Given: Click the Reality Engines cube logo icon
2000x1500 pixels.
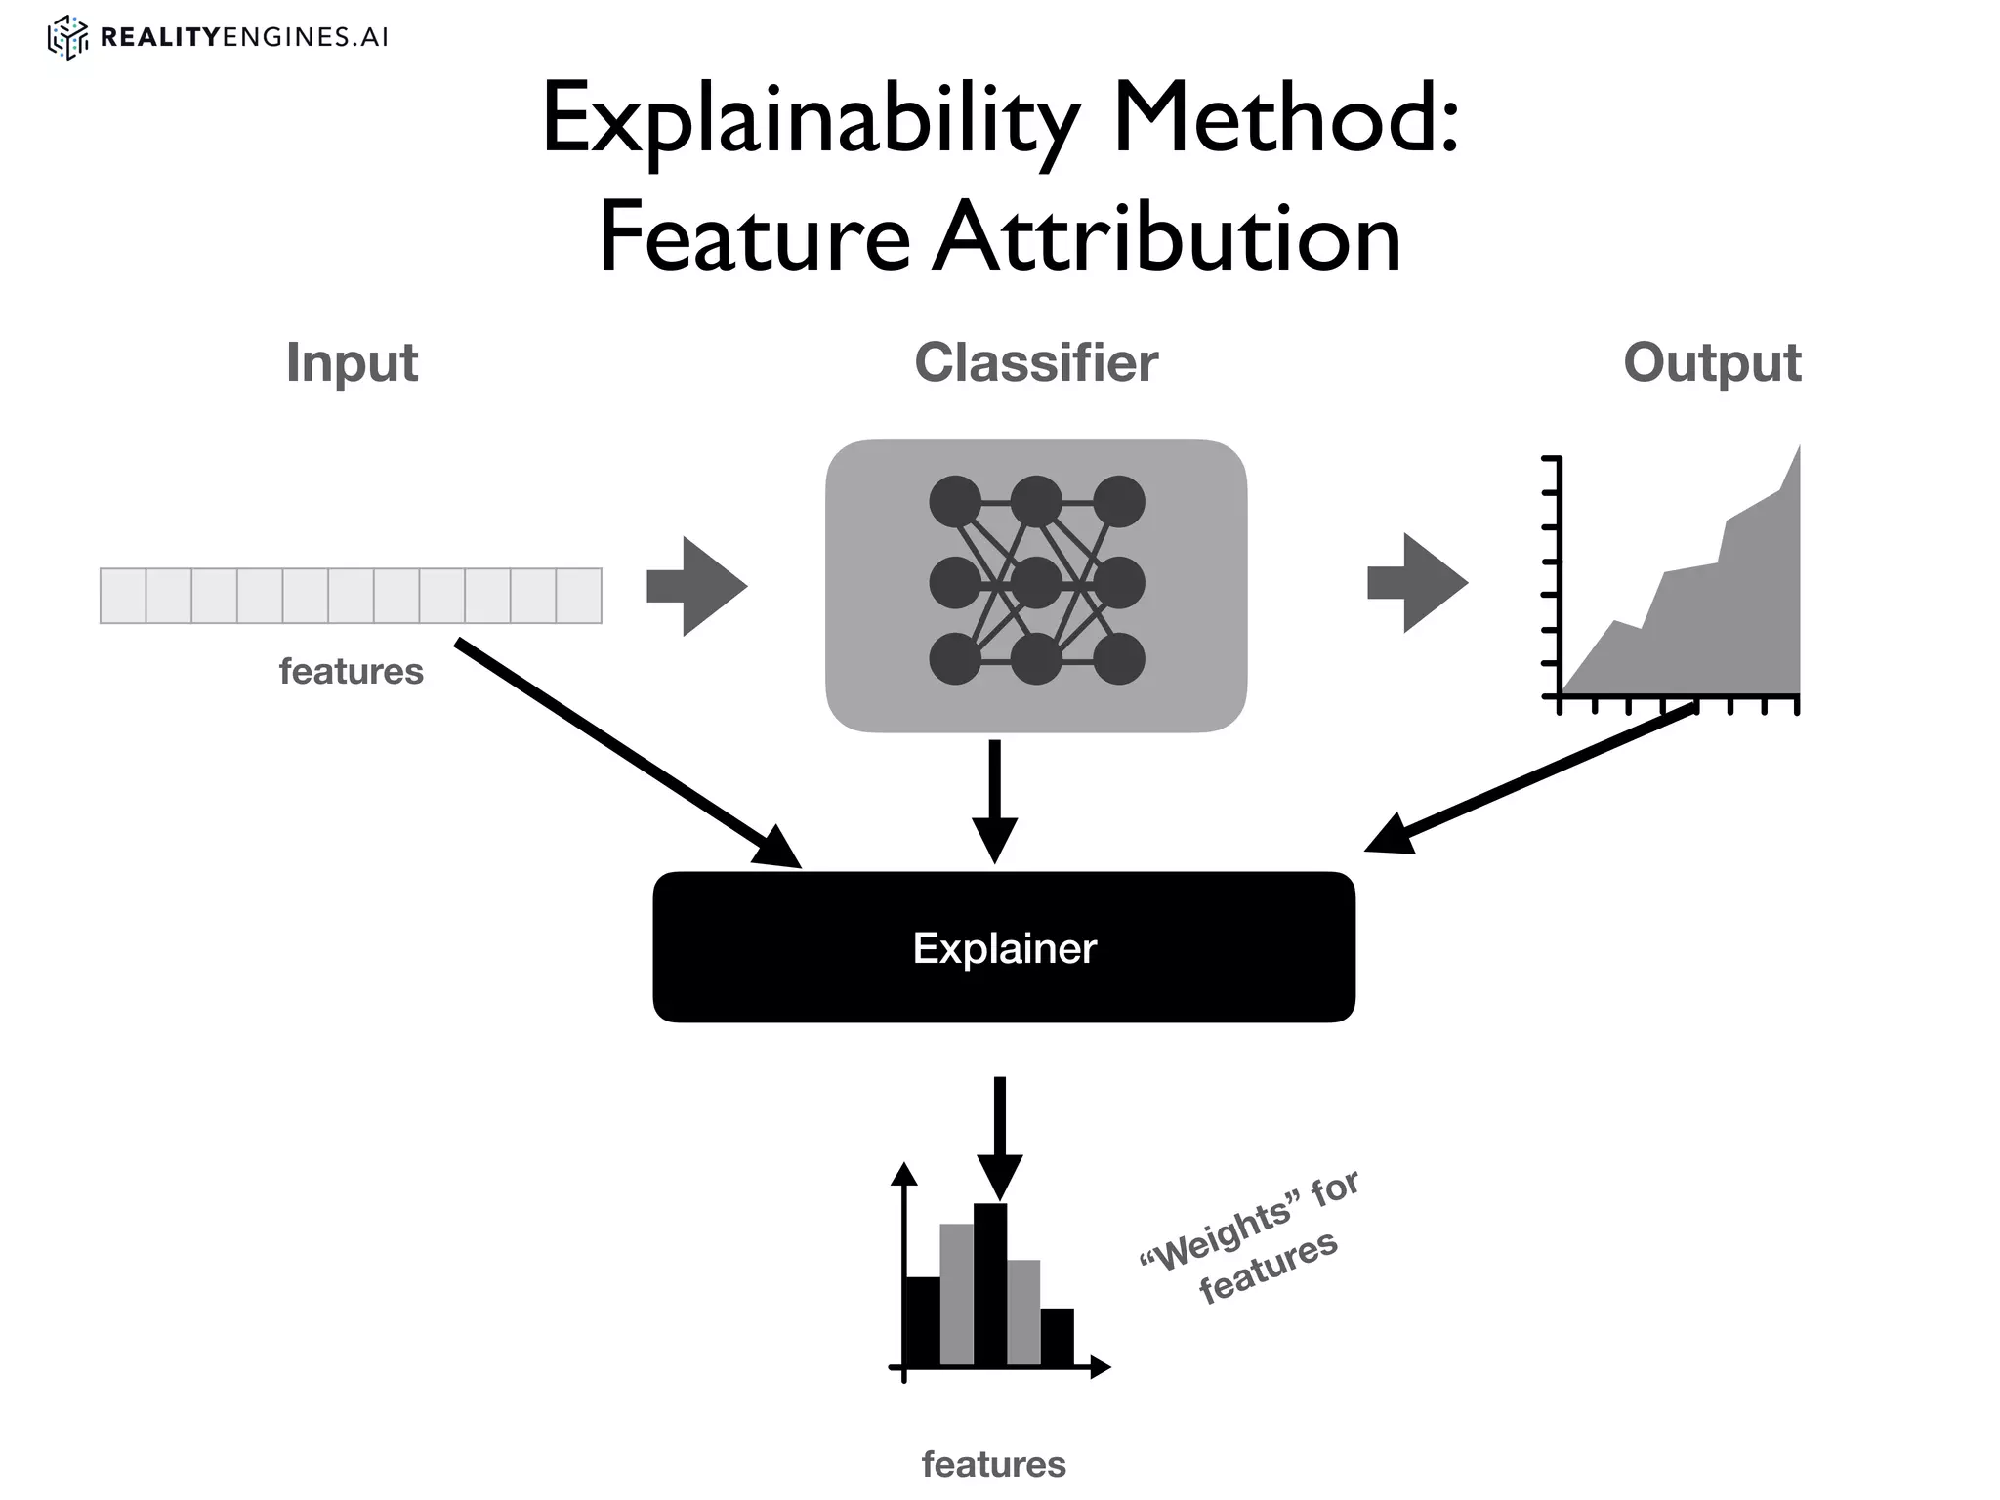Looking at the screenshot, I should [67, 38].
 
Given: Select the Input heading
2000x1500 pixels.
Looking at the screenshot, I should [352, 363].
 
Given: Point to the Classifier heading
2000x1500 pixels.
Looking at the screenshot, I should [1035, 363].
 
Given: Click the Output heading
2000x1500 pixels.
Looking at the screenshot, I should [1711, 363].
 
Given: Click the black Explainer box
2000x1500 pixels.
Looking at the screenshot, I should [1004, 947].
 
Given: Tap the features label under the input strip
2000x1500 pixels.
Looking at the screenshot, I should [351, 672].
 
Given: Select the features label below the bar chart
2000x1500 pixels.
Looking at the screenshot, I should [993, 1464].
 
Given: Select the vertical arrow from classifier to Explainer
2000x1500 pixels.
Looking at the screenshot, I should [994, 801].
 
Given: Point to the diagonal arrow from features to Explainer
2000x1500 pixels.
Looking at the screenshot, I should [625, 752].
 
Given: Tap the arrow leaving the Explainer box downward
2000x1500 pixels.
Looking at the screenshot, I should [999, 1138].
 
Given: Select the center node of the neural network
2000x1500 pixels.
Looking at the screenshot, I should [1036, 583].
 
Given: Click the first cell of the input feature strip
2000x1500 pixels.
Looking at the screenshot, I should [123, 596].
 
